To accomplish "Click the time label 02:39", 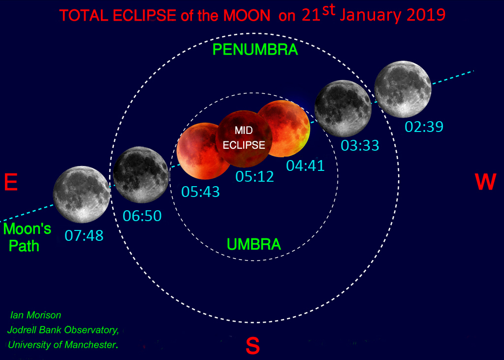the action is (424, 127).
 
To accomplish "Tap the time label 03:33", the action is (360, 146).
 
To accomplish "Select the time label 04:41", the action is (305, 165).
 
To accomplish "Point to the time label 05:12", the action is (254, 177).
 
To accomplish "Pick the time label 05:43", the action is (200, 192).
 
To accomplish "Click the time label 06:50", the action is (142, 216).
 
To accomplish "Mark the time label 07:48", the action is (84, 235).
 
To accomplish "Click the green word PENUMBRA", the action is (255, 50).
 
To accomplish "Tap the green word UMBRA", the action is (254, 244).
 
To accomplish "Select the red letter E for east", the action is (11, 182).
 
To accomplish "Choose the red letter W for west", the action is (485, 182).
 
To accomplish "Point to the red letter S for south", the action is (252, 346).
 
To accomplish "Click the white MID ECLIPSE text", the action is (244, 138).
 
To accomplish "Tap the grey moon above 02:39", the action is (403, 89).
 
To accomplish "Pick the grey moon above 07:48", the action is (82, 195).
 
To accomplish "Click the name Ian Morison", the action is (35, 315).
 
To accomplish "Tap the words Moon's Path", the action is (27, 237).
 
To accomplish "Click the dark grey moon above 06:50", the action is (141, 175).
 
